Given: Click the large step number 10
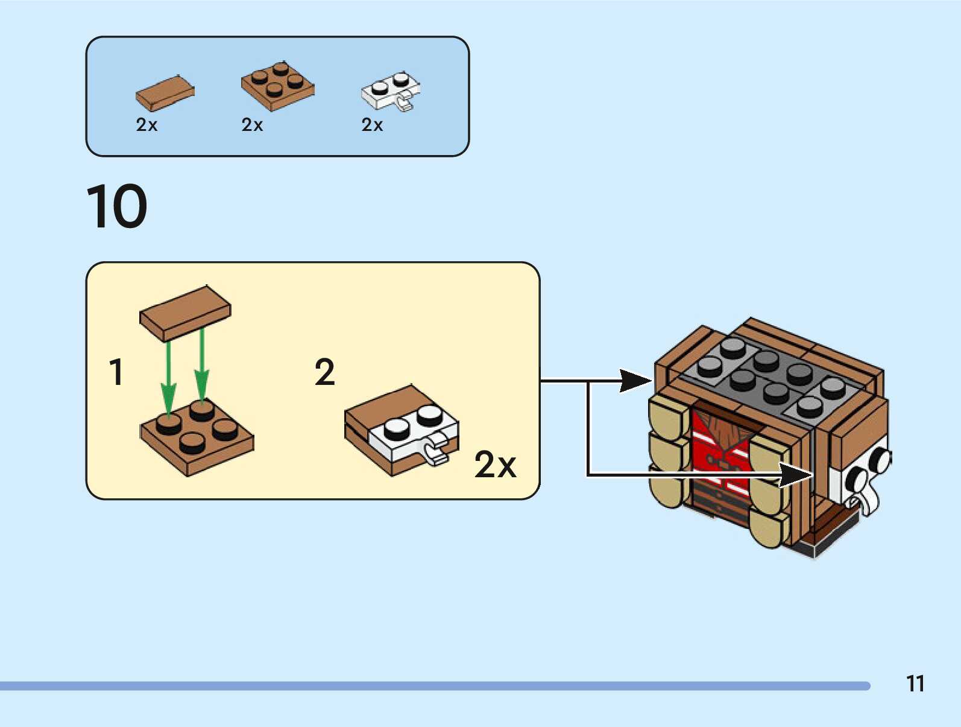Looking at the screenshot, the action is (x=116, y=206).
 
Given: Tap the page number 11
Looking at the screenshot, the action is (x=915, y=684).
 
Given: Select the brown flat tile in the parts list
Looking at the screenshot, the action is (x=165, y=93).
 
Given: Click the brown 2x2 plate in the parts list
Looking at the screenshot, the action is (x=277, y=86).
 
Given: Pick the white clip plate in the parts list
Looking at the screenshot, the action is (x=391, y=92).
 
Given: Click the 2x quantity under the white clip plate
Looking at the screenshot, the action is (x=372, y=125).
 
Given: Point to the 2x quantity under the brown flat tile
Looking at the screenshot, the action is (x=147, y=125).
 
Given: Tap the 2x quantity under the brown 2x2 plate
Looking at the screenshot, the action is (x=252, y=125).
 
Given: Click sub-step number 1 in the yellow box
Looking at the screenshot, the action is (x=116, y=372).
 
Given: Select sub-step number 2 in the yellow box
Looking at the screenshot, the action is (x=324, y=372).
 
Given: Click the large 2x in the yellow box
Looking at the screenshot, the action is (x=495, y=464).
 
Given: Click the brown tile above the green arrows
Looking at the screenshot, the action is (x=185, y=314).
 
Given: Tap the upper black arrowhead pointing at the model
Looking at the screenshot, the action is (x=635, y=381).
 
